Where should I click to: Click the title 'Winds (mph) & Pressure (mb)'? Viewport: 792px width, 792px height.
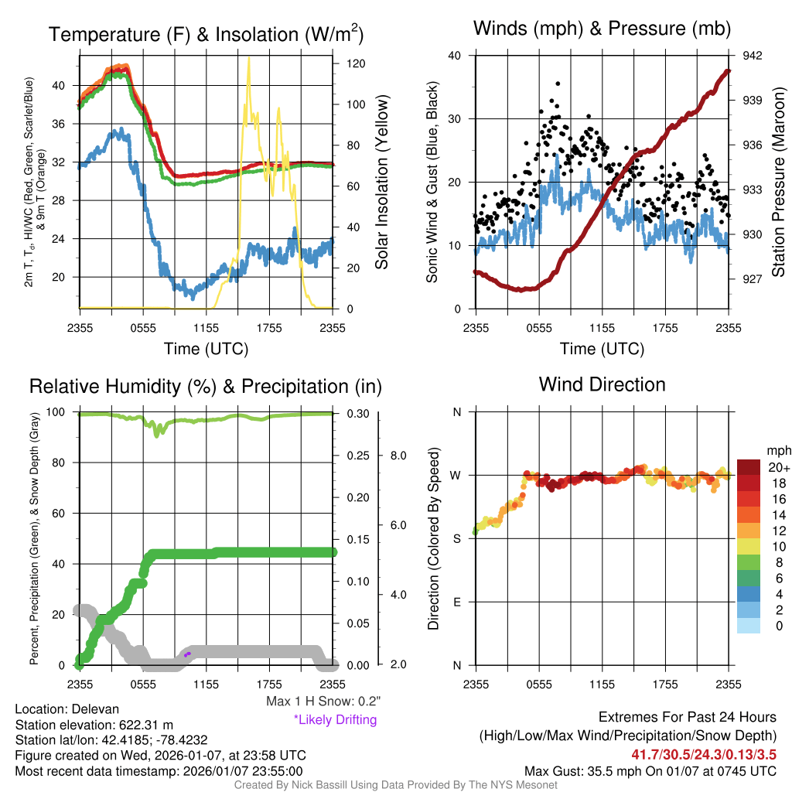pyautogui.click(x=602, y=29)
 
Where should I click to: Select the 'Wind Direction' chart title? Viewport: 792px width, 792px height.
pyautogui.click(x=602, y=384)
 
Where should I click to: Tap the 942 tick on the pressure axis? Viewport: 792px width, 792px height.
pyautogui.click(x=753, y=56)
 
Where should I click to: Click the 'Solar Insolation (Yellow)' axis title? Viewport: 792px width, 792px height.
pyautogui.click(x=381, y=183)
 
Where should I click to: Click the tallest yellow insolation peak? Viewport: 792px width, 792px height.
pyautogui.click(x=248, y=60)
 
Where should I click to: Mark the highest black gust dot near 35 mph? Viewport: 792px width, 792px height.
pyautogui.click(x=558, y=84)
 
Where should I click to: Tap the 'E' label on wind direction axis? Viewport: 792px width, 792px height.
pyautogui.click(x=456, y=602)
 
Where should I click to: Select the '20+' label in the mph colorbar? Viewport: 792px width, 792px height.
pyautogui.click(x=777, y=467)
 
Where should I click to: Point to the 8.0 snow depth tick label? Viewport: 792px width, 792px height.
pyautogui.click(x=398, y=456)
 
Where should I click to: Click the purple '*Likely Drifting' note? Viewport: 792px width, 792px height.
pyautogui.click(x=335, y=720)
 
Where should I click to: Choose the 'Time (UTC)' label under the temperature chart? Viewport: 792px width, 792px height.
pyautogui.click(x=206, y=349)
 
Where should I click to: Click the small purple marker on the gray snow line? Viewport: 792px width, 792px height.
pyautogui.click(x=187, y=655)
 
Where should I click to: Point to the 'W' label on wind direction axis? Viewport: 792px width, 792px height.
pyautogui.click(x=456, y=476)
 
